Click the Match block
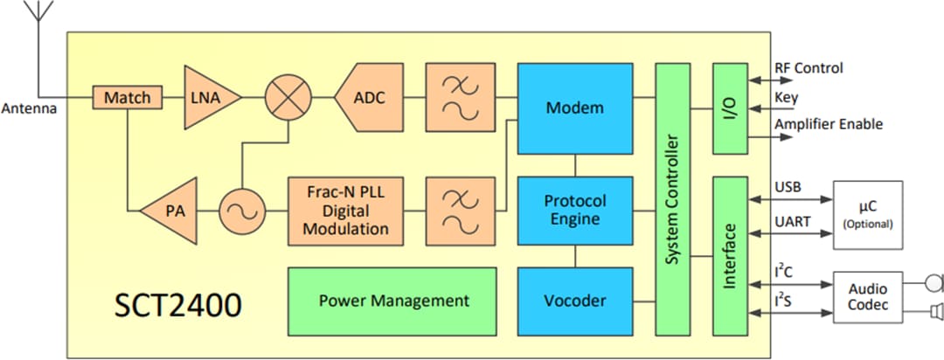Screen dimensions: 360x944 pos(128,98)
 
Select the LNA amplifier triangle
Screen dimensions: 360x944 pos(211,99)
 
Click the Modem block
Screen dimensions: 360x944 pos(574,108)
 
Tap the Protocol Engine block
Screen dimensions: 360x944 pos(574,210)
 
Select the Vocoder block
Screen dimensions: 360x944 pos(574,300)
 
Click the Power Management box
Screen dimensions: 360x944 pos(392,300)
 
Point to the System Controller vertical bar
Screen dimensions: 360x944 pos(672,198)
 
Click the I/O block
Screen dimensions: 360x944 pos(731,108)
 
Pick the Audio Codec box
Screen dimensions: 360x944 pos(867,297)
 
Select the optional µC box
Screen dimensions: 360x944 pos(867,215)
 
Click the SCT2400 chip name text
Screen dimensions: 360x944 pos(177,307)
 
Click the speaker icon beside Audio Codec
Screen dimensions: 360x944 pos(934,312)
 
